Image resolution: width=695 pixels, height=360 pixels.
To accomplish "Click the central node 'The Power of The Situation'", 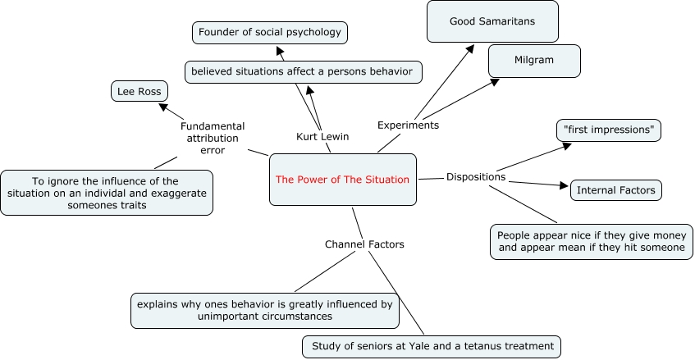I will coord(342,180).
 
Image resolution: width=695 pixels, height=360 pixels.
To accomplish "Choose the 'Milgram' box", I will coord(534,62).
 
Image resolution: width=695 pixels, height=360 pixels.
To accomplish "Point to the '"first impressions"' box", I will coord(608,130).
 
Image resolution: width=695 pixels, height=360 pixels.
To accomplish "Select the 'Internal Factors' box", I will coord(615,190).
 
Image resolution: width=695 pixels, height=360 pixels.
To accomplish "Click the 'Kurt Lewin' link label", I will coord(322,136).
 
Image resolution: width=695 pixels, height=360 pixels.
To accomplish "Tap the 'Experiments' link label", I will coord(408,125).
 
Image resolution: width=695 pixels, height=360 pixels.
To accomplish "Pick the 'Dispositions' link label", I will coord(476,176).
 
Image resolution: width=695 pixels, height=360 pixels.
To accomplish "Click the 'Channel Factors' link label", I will coord(353,244).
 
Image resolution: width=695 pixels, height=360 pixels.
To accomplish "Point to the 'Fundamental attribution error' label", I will coord(213,138).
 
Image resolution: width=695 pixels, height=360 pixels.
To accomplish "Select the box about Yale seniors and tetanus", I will coord(432,346).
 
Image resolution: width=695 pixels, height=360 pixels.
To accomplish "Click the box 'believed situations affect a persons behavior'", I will coord(304,71).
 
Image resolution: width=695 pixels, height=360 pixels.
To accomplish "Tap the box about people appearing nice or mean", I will coord(591,241).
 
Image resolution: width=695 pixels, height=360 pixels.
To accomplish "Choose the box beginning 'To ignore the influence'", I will coord(107,192).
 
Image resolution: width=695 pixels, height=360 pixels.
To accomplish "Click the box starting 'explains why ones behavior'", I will coord(263,309).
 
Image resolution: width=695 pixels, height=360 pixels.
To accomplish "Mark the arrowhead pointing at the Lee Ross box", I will coord(163,107).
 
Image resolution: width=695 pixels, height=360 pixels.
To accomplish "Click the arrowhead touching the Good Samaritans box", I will coord(471,48).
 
